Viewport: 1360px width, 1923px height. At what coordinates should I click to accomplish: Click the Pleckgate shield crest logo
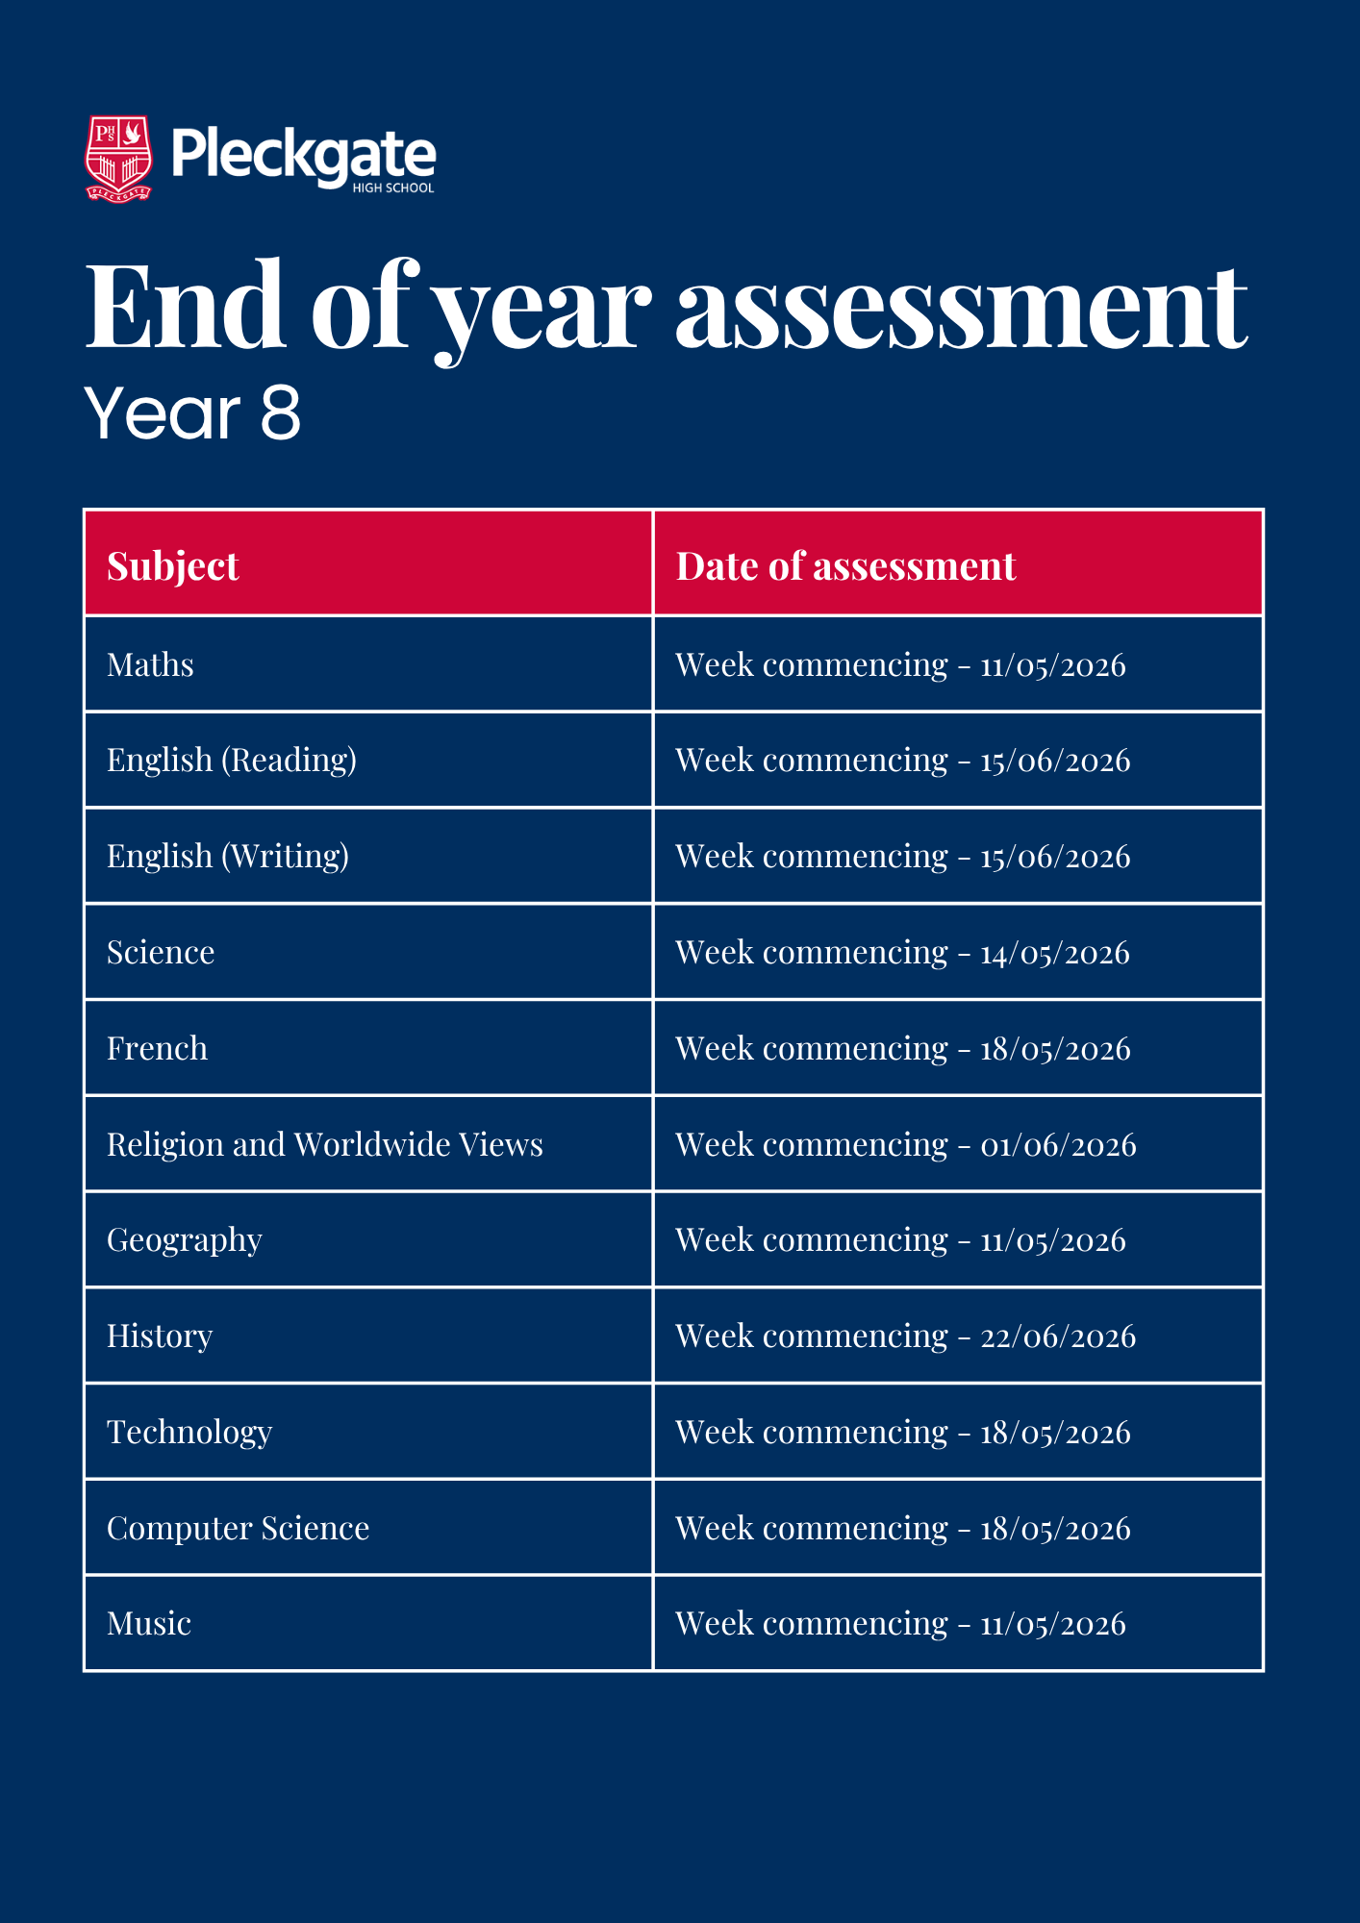(119, 159)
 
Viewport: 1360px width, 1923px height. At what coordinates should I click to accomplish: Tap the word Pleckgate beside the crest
(303, 154)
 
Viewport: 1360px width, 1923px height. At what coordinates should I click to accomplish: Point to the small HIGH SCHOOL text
(392, 188)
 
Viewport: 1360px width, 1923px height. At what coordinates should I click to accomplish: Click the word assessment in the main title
(961, 308)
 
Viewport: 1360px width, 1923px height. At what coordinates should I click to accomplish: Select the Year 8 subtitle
(192, 413)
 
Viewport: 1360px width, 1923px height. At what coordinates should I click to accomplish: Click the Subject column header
(173, 566)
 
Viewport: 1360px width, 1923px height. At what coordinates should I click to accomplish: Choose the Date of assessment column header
(845, 566)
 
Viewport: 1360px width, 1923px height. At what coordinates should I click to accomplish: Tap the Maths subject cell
(150, 665)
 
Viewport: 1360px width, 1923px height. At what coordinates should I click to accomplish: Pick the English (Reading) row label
(232, 761)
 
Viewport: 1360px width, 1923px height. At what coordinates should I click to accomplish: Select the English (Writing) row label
(228, 857)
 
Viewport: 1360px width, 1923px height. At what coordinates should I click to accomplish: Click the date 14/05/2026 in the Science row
(1054, 953)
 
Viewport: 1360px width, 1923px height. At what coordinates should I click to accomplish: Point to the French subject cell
(157, 1048)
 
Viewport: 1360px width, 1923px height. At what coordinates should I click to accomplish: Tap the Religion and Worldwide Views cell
(325, 1144)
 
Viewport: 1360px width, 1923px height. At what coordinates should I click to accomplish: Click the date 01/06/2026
(1058, 1145)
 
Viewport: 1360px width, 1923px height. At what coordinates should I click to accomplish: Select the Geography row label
(185, 1240)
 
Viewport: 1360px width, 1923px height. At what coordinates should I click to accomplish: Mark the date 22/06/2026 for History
(1058, 1336)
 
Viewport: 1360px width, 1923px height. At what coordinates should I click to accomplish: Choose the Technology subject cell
(189, 1433)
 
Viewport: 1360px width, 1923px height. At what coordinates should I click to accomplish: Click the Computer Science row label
(238, 1529)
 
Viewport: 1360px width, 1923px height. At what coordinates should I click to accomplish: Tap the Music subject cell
(149, 1624)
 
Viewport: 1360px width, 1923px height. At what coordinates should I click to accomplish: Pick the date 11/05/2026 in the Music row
(1052, 1625)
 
